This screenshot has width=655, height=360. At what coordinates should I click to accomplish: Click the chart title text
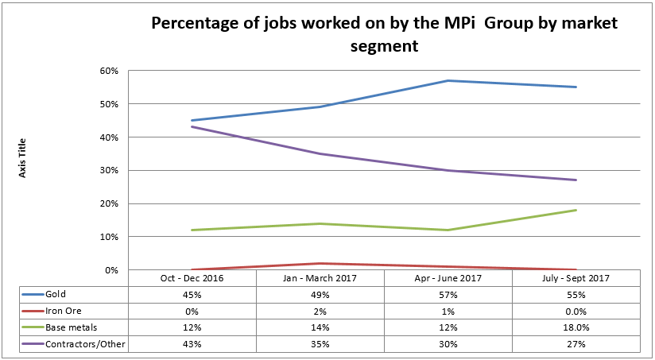tap(385, 34)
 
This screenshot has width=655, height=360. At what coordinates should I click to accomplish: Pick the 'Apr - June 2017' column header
tap(448, 278)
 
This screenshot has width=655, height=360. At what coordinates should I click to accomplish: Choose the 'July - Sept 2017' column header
tap(576, 278)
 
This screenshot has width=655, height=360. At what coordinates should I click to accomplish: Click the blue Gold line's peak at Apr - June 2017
tap(448, 80)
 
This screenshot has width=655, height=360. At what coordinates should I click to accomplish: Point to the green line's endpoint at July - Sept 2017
tap(576, 210)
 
